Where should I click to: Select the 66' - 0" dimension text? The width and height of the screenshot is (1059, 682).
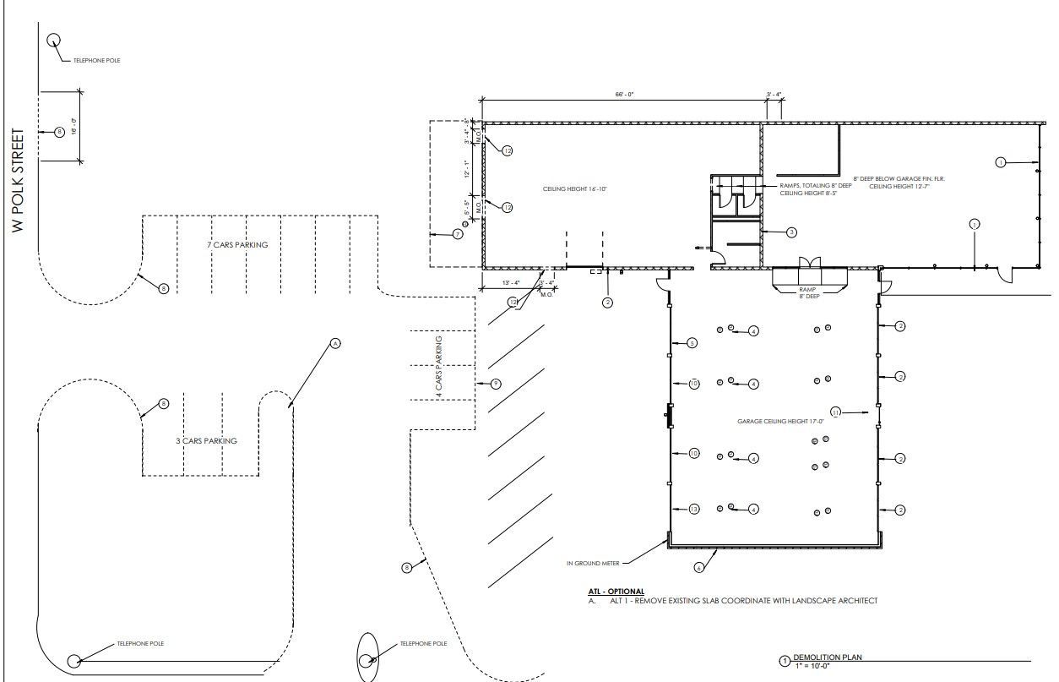[625, 95]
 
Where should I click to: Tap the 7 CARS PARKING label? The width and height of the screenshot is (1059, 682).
[237, 245]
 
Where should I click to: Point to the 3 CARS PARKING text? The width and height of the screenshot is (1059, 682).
[207, 440]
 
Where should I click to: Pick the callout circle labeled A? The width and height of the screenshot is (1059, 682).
[334, 343]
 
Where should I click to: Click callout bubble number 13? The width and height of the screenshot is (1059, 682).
[694, 509]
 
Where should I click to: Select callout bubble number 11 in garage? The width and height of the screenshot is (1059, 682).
[836, 412]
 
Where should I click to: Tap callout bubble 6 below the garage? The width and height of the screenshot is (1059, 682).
[698, 567]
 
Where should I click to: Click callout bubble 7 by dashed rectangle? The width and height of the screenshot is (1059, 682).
[458, 233]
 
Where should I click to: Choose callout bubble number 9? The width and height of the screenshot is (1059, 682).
[497, 384]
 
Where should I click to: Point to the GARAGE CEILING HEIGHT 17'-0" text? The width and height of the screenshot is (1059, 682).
[777, 421]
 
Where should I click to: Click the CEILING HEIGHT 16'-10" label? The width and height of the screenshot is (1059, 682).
[575, 189]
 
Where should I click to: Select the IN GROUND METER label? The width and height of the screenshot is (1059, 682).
[593, 563]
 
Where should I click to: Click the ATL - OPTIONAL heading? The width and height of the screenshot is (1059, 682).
[616, 592]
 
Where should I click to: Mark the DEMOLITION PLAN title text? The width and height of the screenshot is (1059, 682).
[827, 657]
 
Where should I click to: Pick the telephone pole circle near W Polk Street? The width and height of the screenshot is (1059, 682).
[54, 40]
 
